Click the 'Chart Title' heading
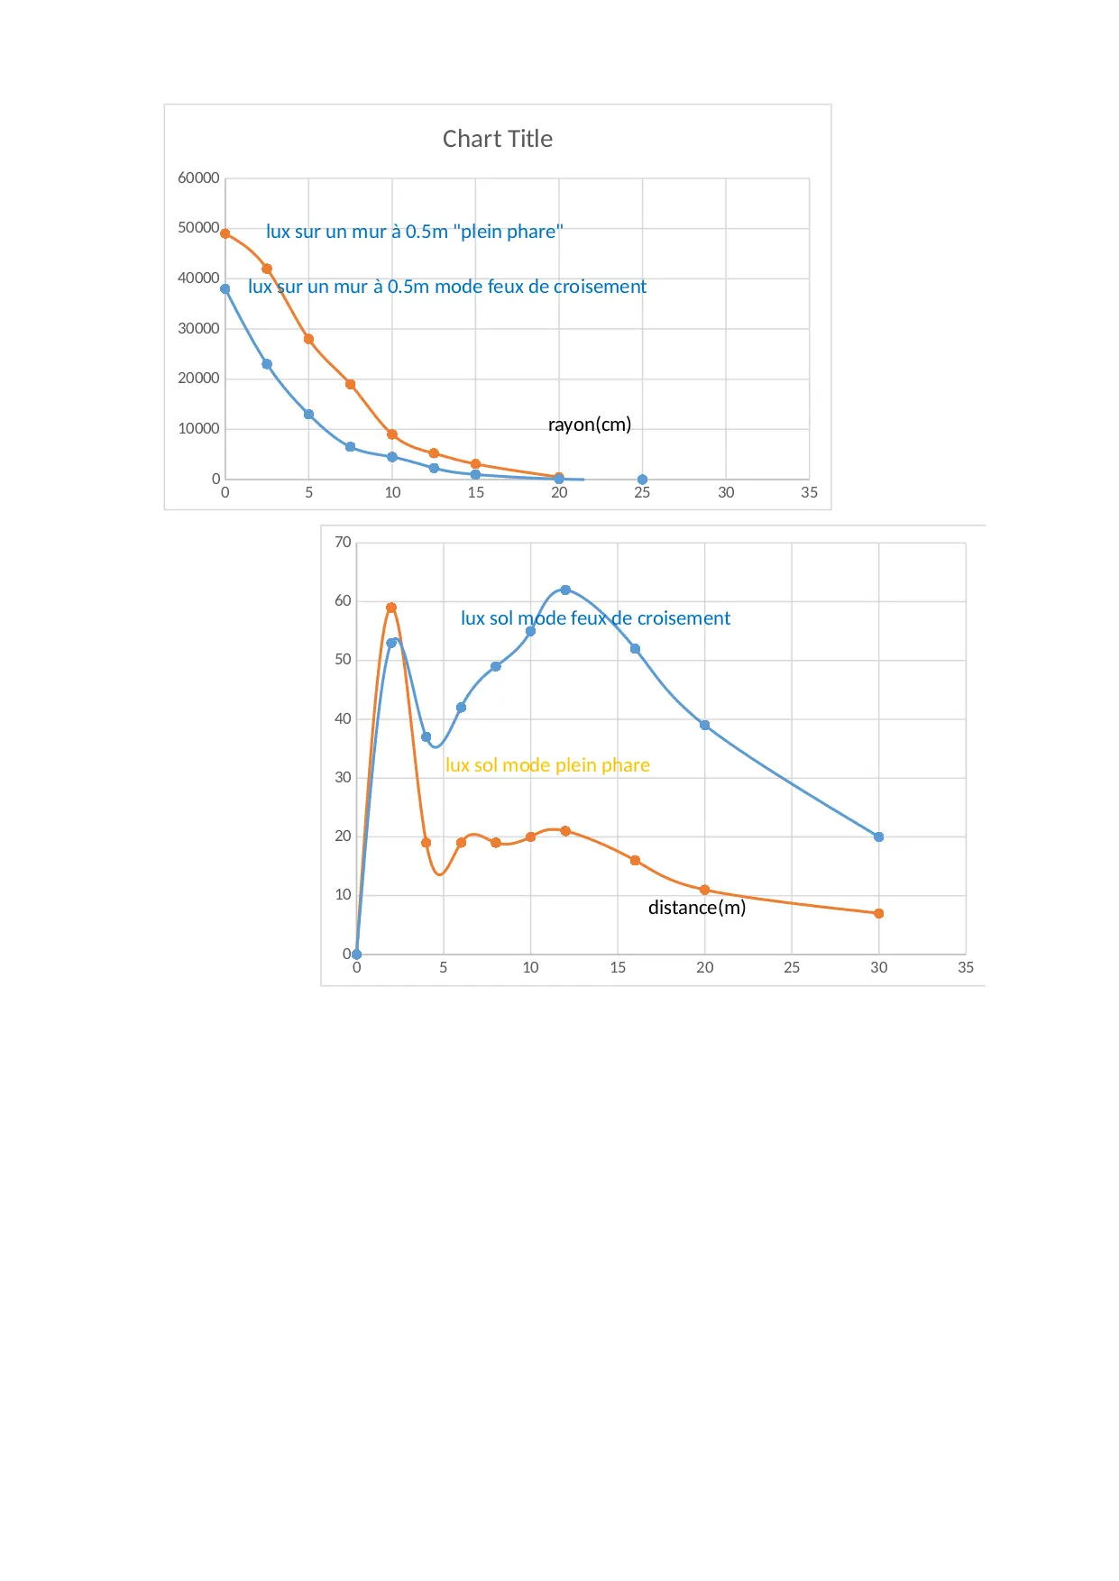pyautogui.click(x=497, y=139)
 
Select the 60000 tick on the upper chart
pyautogui.click(x=198, y=178)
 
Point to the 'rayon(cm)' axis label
pyautogui.click(x=590, y=425)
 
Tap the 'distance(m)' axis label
pyautogui.click(x=697, y=908)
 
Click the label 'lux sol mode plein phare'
pyautogui.click(x=547, y=765)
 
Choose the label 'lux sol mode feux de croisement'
pyautogui.click(x=595, y=618)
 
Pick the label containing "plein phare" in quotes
pyautogui.click(x=414, y=232)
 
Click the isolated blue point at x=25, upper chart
pyautogui.click(x=642, y=480)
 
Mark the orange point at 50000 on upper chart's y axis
pyautogui.click(x=225, y=233)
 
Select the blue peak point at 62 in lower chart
pyautogui.click(x=565, y=590)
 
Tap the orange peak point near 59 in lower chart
pyautogui.click(x=391, y=608)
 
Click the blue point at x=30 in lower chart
pyautogui.click(x=879, y=837)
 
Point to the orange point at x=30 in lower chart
pyautogui.click(x=879, y=914)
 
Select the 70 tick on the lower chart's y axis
pyautogui.click(x=343, y=543)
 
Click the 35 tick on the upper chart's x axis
pyautogui.click(x=810, y=493)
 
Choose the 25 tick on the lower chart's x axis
pyautogui.click(x=792, y=968)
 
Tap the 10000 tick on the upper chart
pyautogui.click(x=198, y=429)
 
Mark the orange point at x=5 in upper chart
pyautogui.click(x=308, y=339)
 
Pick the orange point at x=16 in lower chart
pyautogui.click(x=635, y=861)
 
